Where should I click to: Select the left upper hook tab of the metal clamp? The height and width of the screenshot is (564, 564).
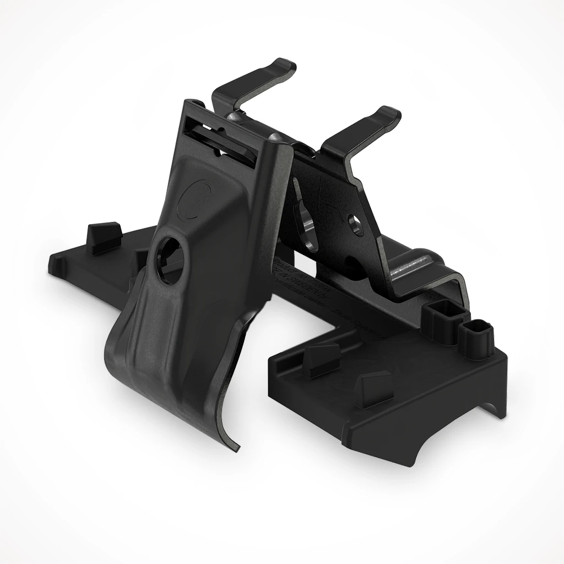tap(259, 77)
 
